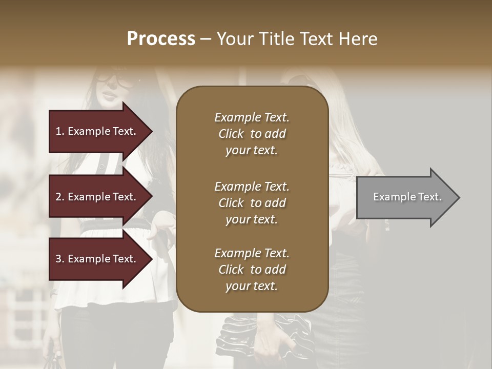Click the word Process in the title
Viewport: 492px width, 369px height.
tap(161, 38)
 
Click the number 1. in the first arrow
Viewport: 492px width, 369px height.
tap(60, 131)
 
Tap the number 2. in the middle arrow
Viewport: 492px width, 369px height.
tap(60, 197)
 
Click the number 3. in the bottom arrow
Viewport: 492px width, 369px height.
tap(60, 259)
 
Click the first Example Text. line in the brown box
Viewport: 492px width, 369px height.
tap(252, 117)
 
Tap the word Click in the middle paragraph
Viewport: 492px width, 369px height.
tap(231, 203)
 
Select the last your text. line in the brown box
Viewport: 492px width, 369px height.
tap(252, 286)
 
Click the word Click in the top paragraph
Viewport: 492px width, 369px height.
tap(231, 134)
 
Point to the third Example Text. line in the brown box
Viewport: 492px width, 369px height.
tap(252, 253)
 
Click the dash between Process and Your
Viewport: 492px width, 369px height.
tap(206, 39)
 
